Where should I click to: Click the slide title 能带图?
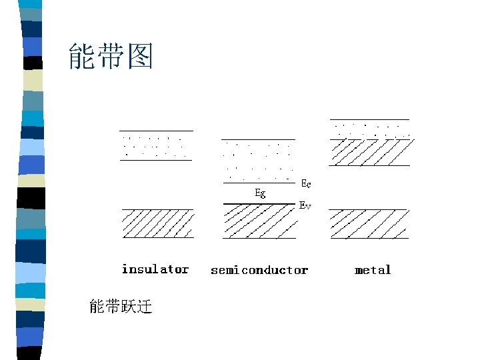point(111,57)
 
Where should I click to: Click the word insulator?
point(155,269)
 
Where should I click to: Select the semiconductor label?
point(259,270)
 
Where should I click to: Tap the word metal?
point(373,270)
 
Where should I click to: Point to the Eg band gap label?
point(261,193)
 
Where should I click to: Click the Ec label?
point(306,183)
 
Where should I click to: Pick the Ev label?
point(305,206)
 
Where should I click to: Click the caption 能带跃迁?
point(121,307)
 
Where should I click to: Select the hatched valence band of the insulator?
point(158,223)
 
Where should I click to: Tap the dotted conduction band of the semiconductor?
point(259,161)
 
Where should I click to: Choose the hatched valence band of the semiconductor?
point(259,221)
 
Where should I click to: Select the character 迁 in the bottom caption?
point(144,307)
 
